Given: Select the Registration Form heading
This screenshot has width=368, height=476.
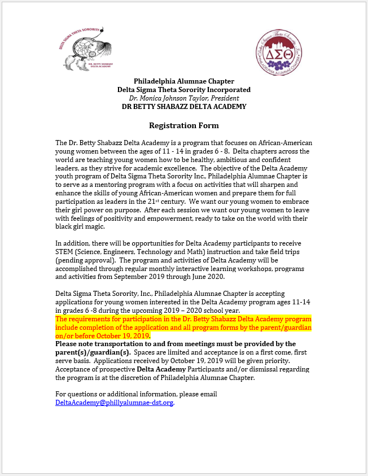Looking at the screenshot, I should click(x=183, y=125).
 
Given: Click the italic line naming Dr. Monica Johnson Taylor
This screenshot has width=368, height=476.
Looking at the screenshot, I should click(x=184, y=98).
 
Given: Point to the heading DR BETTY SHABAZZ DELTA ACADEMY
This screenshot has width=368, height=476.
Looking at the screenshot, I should click(x=184, y=107).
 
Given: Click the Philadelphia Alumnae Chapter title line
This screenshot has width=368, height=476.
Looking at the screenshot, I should click(x=184, y=81).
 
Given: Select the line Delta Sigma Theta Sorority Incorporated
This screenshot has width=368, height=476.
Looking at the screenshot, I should click(x=184, y=90).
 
